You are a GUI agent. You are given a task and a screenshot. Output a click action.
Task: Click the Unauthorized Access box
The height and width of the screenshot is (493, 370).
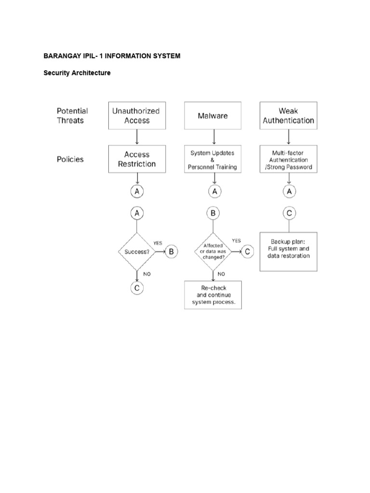tap(137, 116)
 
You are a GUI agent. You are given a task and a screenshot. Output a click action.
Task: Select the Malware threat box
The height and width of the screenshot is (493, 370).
tap(213, 116)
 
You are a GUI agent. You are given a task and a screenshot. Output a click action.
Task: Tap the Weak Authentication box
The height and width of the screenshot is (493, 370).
tap(289, 116)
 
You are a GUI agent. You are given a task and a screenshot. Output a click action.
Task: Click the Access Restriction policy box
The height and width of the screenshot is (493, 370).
tap(137, 159)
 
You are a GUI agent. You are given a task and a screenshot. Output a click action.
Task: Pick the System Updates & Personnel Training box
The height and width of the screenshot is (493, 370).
tap(213, 160)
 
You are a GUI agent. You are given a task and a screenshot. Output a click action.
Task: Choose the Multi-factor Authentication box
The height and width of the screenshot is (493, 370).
tap(289, 160)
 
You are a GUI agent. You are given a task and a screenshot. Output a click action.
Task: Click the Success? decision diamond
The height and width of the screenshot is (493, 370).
tap(137, 251)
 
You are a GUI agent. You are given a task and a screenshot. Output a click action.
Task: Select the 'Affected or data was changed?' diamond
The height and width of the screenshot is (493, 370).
tap(213, 251)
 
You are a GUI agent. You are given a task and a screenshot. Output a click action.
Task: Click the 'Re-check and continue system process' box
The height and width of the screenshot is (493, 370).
tap(213, 295)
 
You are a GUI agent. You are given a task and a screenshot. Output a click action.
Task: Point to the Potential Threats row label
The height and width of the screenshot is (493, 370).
tap(72, 116)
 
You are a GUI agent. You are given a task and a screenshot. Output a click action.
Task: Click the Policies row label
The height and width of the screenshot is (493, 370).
tap(70, 159)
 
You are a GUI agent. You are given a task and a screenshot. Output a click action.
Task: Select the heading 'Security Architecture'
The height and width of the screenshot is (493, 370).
tap(77, 73)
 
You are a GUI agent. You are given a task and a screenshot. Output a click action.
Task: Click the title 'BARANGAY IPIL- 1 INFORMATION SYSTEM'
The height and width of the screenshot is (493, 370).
tap(112, 56)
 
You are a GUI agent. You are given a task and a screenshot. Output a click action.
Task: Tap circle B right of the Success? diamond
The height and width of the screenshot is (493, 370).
tap(172, 251)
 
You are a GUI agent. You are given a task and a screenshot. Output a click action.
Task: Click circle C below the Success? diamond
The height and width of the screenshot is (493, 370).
tap(137, 288)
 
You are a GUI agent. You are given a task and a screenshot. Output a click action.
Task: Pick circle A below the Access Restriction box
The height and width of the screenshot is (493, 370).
tap(137, 192)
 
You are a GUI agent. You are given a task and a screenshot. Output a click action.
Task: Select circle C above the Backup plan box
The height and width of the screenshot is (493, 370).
tap(289, 213)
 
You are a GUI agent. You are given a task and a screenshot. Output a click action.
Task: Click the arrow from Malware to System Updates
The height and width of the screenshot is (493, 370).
tap(213, 137)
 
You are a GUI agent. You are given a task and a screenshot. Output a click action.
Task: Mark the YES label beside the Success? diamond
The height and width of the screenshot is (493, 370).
tap(158, 243)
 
